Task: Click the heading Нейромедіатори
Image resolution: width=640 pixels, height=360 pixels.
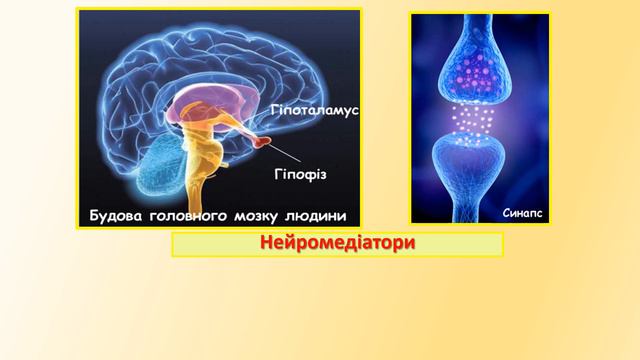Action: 336,244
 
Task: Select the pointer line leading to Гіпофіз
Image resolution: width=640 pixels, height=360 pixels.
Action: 291,157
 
